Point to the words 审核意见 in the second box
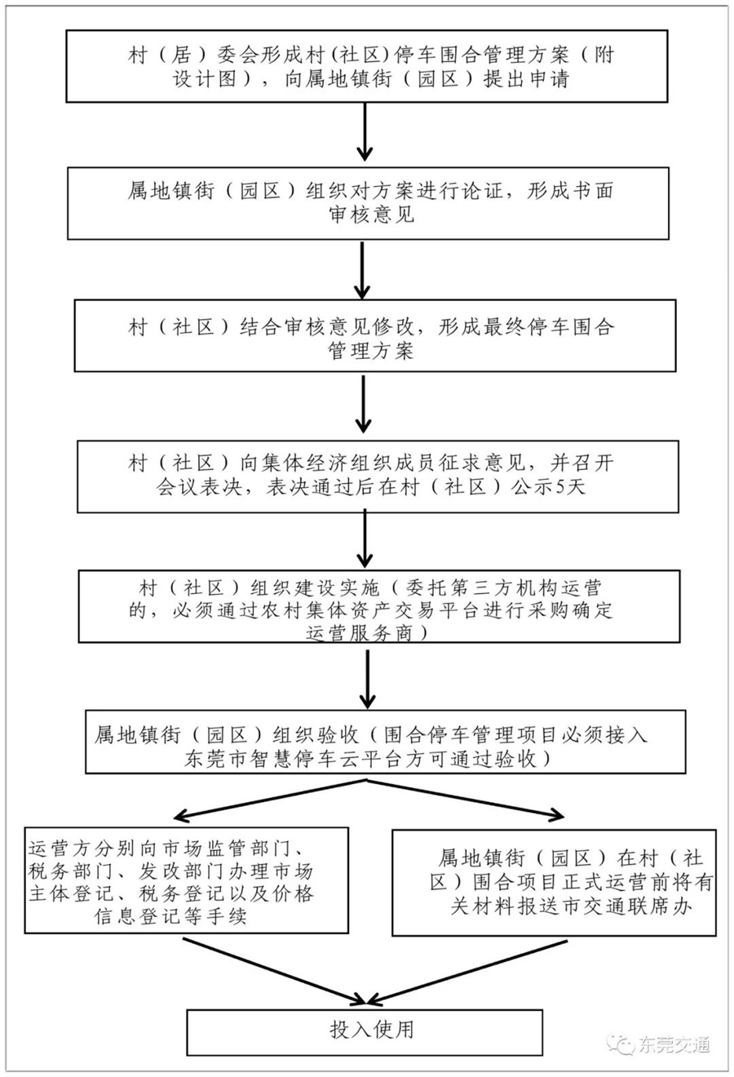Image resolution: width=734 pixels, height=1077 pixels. [x=371, y=215]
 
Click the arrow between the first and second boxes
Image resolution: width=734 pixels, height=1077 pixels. [x=365, y=131]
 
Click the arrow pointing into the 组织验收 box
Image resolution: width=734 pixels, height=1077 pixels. [x=367, y=679]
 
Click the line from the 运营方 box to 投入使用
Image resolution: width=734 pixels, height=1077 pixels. [x=274, y=970]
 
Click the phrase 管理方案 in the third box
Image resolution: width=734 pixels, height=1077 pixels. [x=370, y=352]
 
